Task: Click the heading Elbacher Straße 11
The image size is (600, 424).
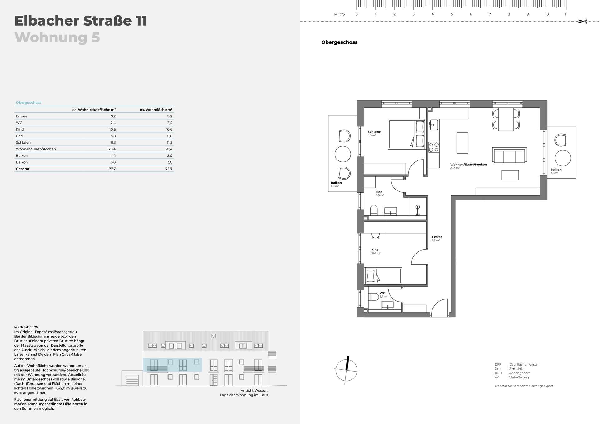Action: [x=81, y=21]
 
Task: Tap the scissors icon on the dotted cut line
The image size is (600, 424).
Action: [x=582, y=22]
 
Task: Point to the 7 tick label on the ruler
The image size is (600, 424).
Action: [x=490, y=14]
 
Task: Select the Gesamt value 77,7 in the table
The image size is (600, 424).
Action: [x=112, y=169]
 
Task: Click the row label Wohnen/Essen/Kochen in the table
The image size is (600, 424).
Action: [x=36, y=149]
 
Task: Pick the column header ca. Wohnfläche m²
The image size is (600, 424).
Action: [x=156, y=110]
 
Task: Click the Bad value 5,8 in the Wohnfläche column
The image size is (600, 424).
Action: [x=170, y=136]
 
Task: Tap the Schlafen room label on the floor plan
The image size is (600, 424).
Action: [x=374, y=132]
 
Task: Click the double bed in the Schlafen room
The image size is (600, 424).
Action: [x=407, y=134]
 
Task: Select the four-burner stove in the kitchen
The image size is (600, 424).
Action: [x=433, y=147]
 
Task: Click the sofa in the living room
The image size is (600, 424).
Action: [x=509, y=155]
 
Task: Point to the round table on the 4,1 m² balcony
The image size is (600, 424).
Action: [x=562, y=158]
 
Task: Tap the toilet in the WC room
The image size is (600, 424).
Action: [x=373, y=296]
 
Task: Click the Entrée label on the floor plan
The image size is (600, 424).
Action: [x=437, y=237]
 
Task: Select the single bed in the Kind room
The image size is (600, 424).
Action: [x=383, y=276]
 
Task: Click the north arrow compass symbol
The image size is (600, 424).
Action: [x=347, y=370]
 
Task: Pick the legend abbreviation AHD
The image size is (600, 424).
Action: [x=498, y=373]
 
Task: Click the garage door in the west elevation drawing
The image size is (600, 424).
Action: [x=132, y=380]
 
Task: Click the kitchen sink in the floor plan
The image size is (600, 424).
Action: [x=433, y=125]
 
